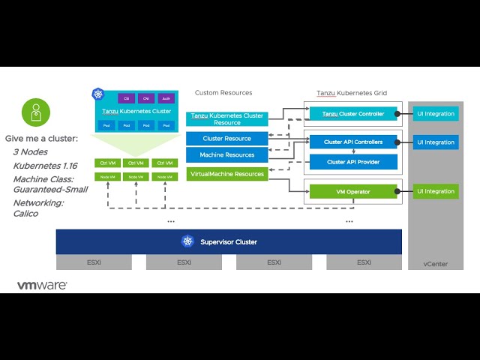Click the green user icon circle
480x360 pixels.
[35, 113]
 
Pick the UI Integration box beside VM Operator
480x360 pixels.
[436, 191]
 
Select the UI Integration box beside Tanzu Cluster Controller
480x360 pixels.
[436, 114]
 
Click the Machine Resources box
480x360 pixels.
[226, 155]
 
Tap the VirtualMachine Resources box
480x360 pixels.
[226, 174]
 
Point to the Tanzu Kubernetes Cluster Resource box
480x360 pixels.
[226, 118]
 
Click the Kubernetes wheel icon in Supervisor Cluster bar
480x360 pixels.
[187, 241]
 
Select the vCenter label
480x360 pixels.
[436, 263]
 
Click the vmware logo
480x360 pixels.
[42, 286]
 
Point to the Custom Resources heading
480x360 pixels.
[223, 93]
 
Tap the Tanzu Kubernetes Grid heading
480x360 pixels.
[351, 93]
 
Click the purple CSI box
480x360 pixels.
[127, 97]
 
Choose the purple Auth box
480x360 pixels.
[166, 97]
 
